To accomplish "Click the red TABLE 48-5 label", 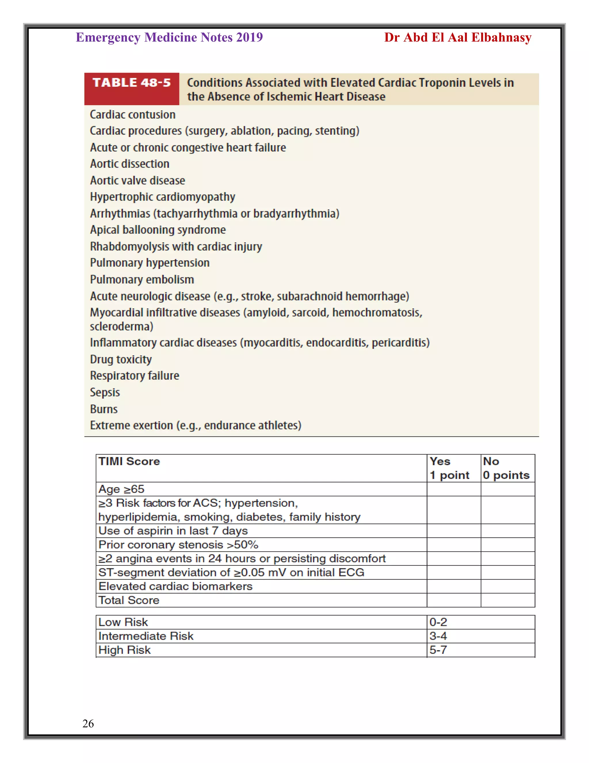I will pyautogui.click(x=131, y=83).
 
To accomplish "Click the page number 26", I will pyautogui.click(x=88, y=723).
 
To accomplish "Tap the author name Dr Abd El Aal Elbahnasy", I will pyautogui.click(x=458, y=37).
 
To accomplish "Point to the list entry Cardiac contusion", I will pyautogui.click(x=133, y=115).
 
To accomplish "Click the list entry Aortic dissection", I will pyautogui.click(x=129, y=164).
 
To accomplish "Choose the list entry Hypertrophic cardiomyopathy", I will pyautogui.click(x=162, y=197).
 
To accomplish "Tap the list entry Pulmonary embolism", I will pyautogui.click(x=142, y=280).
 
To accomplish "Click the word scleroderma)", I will pyautogui.click(x=121, y=326).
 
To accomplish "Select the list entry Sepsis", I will pyautogui.click(x=105, y=392).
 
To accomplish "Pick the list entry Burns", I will pyautogui.click(x=104, y=409).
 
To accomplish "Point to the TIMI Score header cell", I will pyautogui.click(x=129, y=462).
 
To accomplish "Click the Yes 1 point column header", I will pyautogui.click(x=450, y=468).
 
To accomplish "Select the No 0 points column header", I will pyautogui.click(x=506, y=468).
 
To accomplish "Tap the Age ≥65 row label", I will pyautogui.click(x=121, y=489).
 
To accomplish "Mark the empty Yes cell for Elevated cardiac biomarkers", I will pyautogui.click(x=454, y=586).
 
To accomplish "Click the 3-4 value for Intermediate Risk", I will pyautogui.click(x=438, y=636).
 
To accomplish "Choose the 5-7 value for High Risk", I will pyautogui.click(x=438, y=650).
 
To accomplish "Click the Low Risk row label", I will pyautogui.click(x=123, y=622).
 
